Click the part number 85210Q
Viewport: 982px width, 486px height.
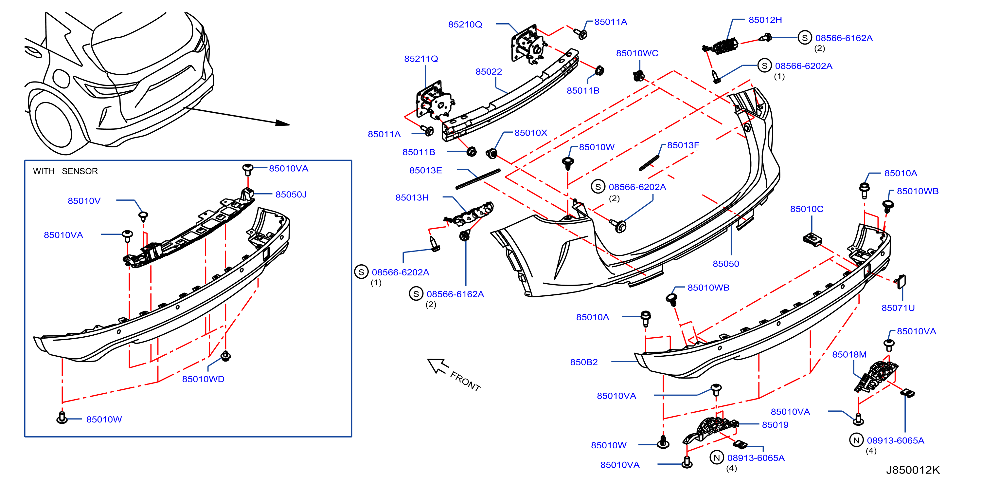465,25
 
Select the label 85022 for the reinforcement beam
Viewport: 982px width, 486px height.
489,72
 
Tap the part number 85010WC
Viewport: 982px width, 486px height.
637,53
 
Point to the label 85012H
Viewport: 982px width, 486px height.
765,20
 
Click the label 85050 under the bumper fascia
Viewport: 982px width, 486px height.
726,264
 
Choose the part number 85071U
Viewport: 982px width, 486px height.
898,308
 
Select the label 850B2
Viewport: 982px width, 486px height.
584,362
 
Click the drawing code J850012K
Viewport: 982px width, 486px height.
913,470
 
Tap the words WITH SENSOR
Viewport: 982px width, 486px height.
65,171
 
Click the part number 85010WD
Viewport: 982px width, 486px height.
203,379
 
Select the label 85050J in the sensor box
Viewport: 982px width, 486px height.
291,195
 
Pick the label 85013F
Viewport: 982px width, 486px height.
683,145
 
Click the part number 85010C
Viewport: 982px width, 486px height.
807,209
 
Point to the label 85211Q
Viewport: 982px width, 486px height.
421,59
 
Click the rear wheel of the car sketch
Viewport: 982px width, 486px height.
51,122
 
